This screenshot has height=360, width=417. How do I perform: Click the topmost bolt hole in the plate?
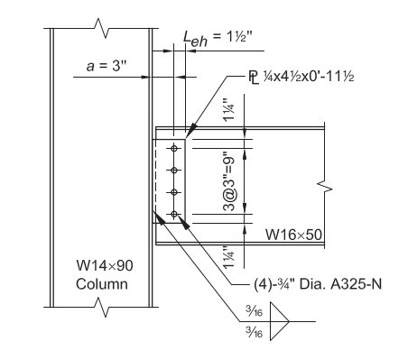click(174, 148)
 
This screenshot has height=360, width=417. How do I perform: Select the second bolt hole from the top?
click(174, 171)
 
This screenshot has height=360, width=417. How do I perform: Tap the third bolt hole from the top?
click(174, 192)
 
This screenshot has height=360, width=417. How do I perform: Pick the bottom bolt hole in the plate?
click(174, 214)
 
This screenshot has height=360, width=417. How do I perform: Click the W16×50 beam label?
click(293, 235)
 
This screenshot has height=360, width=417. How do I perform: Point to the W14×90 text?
click(105, 265)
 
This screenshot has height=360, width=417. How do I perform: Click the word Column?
click(102, 284)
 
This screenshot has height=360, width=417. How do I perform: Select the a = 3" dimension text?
click(107, 66)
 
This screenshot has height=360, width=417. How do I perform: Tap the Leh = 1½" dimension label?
click(218, 38)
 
